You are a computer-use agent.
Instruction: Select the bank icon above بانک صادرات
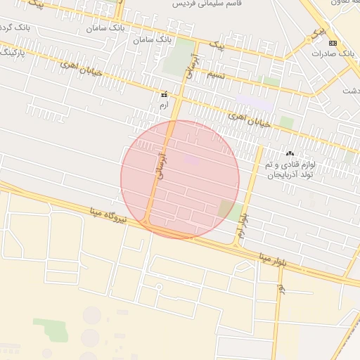tap(333, 43)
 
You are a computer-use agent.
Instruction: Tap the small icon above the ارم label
tap(164, 94)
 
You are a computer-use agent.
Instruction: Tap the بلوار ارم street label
tap(244, 225)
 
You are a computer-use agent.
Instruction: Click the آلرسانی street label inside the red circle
tap(162, 165)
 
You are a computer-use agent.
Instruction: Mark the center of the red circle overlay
tap(180, 179)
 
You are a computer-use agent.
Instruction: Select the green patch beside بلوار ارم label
tap(226, 208)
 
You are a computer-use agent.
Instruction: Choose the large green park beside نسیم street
tap(181, 56)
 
